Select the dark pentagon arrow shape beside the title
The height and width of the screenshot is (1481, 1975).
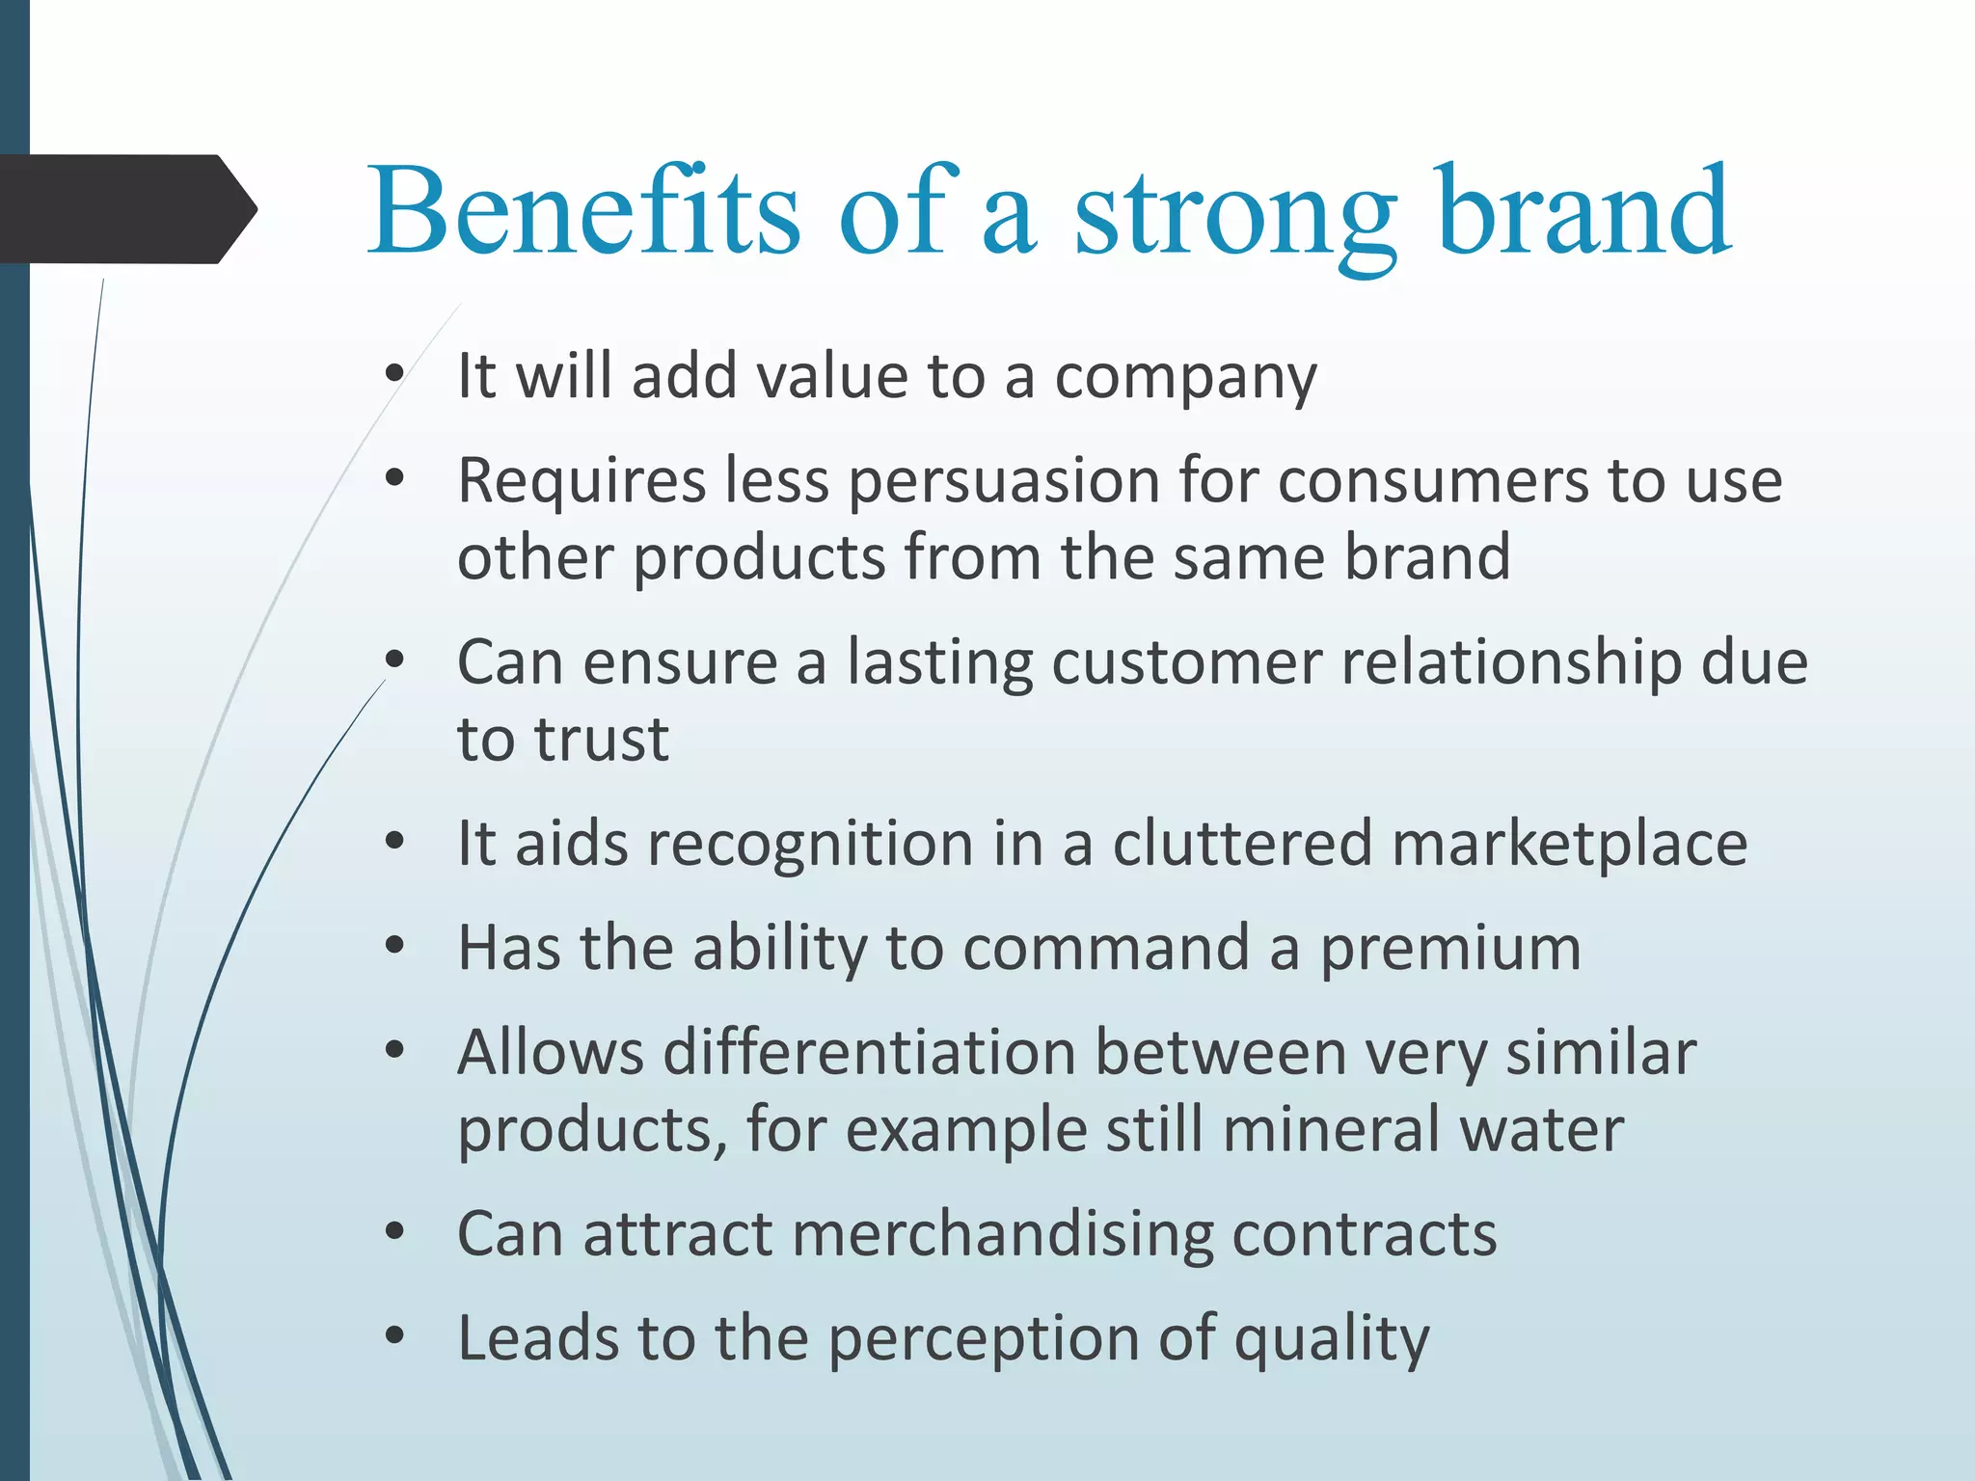125,209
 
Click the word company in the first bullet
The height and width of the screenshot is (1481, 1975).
1185,378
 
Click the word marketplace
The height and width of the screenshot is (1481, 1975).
1569,844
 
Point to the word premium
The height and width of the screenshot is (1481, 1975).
1450,950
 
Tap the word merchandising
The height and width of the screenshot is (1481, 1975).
1001,1235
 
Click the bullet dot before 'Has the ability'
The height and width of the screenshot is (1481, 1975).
393,947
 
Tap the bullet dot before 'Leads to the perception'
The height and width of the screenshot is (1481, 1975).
393,1337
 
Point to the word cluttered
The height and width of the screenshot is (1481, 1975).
1242,844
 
